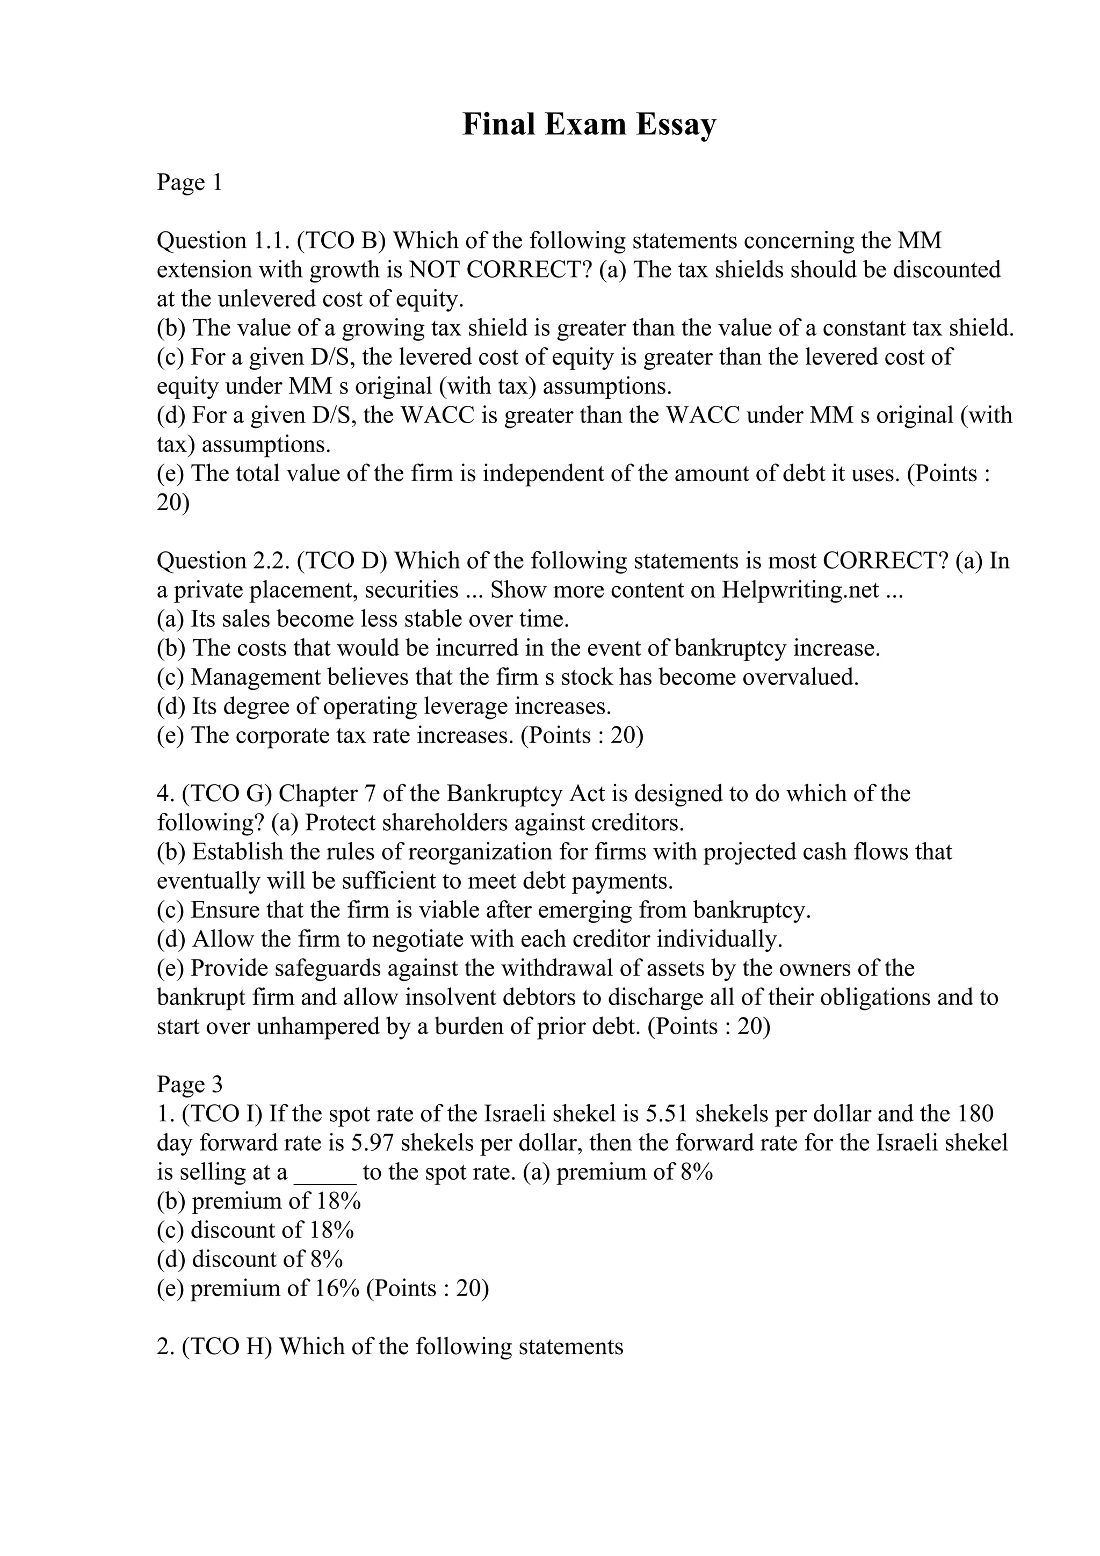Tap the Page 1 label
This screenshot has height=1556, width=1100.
pyautogui.click(x=189, y=183)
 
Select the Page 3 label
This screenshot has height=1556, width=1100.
pyautogui.click(x=189, y=1085)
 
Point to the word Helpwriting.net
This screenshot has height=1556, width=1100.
pyautogui.click(x=800, y=590)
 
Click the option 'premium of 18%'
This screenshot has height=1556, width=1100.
pyautogui.click(x=276, y=1201)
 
